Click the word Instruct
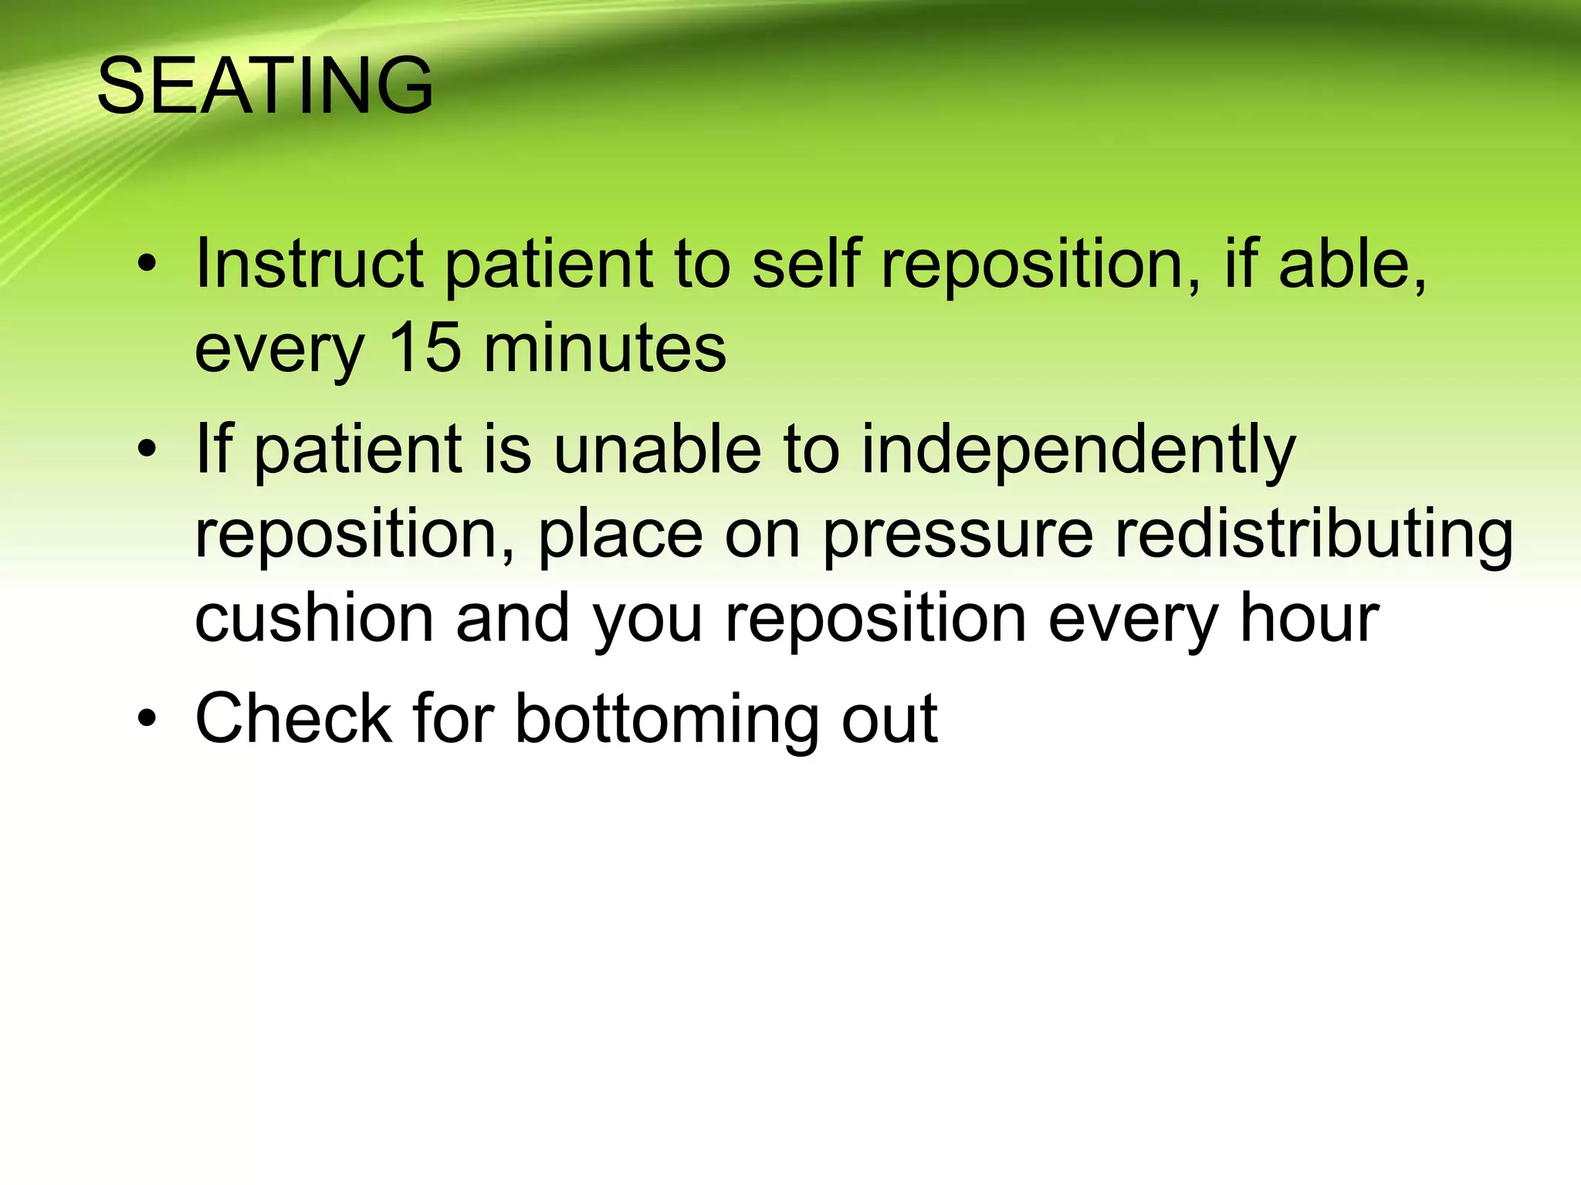[309, 264]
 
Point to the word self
[805, 264]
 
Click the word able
[1351, 264]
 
